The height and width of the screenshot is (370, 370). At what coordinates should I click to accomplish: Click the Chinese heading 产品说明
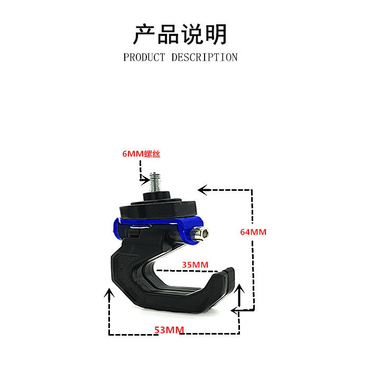(x=180, y=34)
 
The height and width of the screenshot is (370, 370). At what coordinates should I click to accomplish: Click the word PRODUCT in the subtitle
(x=144, y=57)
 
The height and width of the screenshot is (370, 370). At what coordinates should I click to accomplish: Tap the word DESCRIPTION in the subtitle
(x=204, y=57)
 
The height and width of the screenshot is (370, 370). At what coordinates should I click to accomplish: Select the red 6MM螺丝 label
(x=141, y=154)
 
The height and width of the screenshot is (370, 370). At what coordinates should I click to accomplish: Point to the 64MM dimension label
(x=253, y=232)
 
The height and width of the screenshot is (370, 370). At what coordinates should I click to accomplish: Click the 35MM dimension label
(x=195, y=264)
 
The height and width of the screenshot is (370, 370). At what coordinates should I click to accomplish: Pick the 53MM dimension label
(x=169, y=330)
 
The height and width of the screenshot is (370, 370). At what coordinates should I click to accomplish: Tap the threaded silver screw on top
(x=156, y=182)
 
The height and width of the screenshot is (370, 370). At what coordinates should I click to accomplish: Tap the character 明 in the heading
(x=217, y=34)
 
